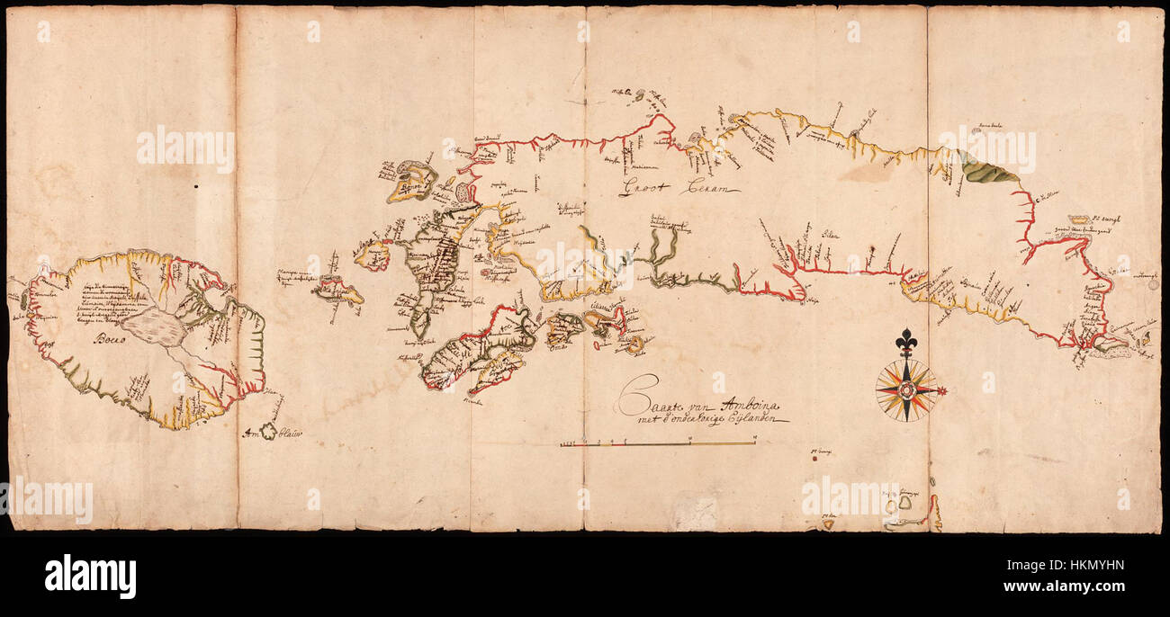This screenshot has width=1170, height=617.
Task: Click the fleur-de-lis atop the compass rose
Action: [x=905, y=343]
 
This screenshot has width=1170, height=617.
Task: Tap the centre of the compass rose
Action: [x=906, y=390]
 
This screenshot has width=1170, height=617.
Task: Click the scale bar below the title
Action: [x=657, y=443]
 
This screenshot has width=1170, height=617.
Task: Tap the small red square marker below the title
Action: [x=813, y=459]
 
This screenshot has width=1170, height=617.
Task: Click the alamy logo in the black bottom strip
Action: [x=90, y=576]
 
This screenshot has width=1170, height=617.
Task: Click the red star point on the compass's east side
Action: [x=942, y=390]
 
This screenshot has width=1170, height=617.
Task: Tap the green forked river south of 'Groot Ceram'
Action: [x=662, y=252]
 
